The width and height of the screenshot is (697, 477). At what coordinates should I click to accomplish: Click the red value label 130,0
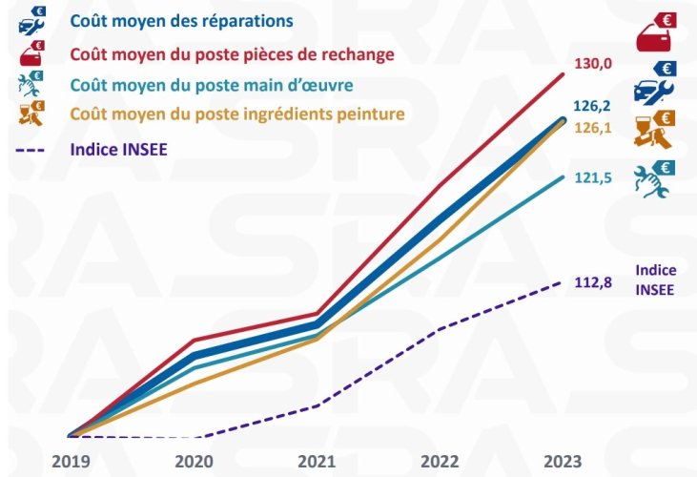pyautogui.click(x=592, y=65)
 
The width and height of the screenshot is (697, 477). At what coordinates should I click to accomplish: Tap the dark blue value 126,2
pyautogui.click(x=592, y=106)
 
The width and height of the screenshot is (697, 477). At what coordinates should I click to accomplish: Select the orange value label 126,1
pyautogui.click(x=592, y=126)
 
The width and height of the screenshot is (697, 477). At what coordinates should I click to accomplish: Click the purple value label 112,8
pyautogui.click(x=592, y=281)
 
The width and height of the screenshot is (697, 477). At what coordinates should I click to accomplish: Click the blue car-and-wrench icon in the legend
pyautogui.click(x=31, y=20)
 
